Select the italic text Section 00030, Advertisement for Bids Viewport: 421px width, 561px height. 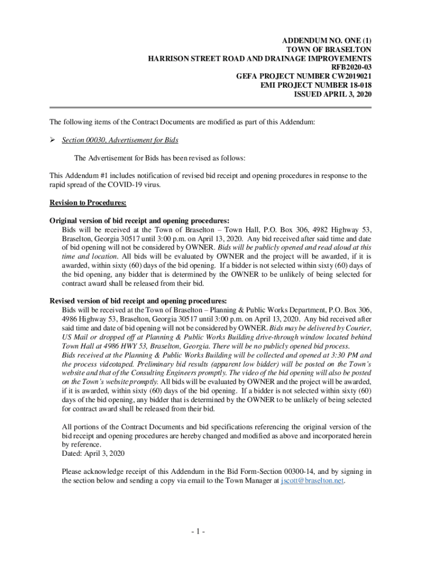coord(120,140)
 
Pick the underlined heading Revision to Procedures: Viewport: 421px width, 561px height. coord(88,203)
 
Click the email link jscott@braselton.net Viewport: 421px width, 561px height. coord(312,480)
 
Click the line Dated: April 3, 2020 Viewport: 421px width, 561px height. coord(93,454)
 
